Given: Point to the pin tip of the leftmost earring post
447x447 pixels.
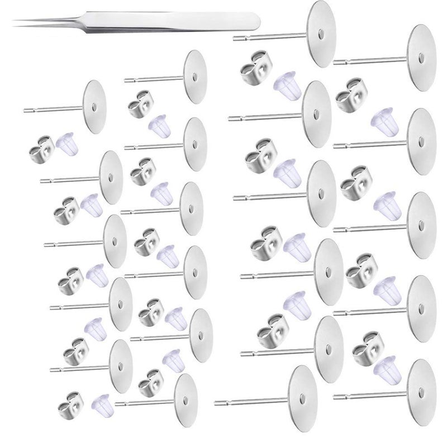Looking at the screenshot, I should click(x=25, y=110).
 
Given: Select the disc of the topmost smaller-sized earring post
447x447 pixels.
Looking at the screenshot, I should click(x=194, y=77).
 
